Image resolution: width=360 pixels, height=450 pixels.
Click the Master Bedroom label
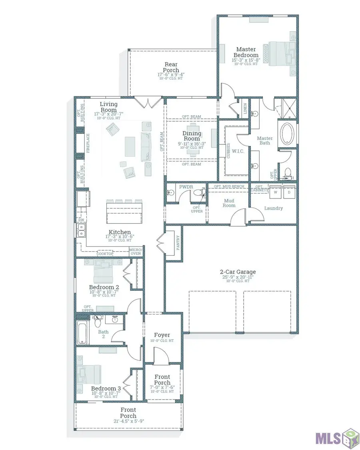click(246, 52)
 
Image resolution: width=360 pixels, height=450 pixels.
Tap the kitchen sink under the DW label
click(81, 230)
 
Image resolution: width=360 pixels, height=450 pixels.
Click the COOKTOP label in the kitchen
click(105, 254)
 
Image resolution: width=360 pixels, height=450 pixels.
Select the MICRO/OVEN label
click(135, 252)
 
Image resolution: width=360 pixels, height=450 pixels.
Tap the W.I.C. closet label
click(237, 152)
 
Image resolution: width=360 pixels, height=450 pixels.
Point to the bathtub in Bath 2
click(82, 332)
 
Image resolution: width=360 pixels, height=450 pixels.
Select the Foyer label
click(162, 335)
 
